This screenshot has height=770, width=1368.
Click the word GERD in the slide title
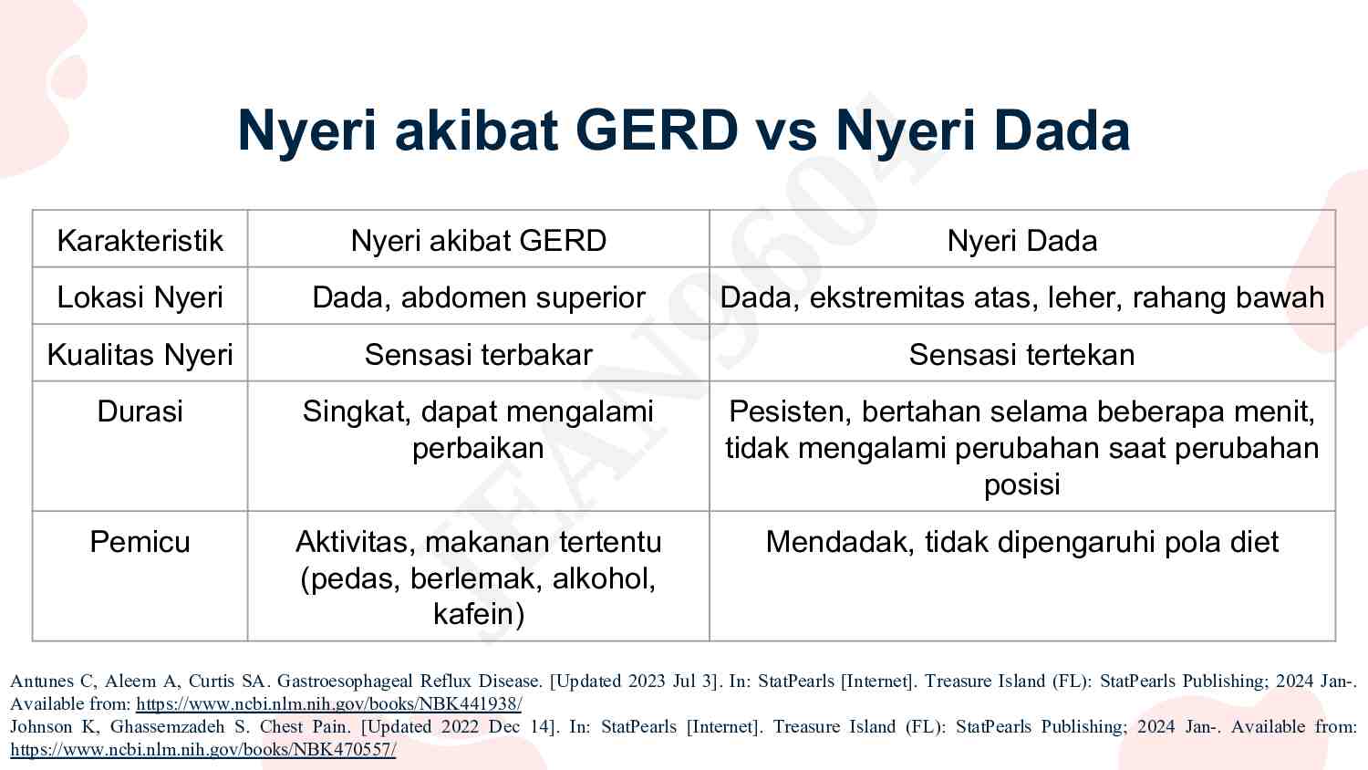[657, 130]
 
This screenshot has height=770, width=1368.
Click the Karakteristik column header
[140, 240]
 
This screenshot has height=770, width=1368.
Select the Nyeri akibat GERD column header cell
[478, 240]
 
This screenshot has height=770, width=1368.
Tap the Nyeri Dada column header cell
[1021, 240]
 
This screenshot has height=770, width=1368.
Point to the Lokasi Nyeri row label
[140, 297]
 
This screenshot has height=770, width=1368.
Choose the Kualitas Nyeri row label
[140, 354]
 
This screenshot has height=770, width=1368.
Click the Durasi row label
[140, 411]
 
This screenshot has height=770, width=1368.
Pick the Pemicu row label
[140, 542]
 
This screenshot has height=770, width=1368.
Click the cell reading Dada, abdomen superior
[478, 297]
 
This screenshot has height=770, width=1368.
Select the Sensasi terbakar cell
[478, 354]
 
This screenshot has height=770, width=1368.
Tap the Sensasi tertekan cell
[1021, 354]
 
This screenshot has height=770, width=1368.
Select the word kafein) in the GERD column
[479, 614]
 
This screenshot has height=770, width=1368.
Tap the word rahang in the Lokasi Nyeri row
[1180, 297]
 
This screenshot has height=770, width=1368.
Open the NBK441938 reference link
[328, 704]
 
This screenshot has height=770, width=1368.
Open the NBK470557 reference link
[202, 750]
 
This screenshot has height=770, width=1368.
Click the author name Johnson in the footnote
[41, 727]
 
